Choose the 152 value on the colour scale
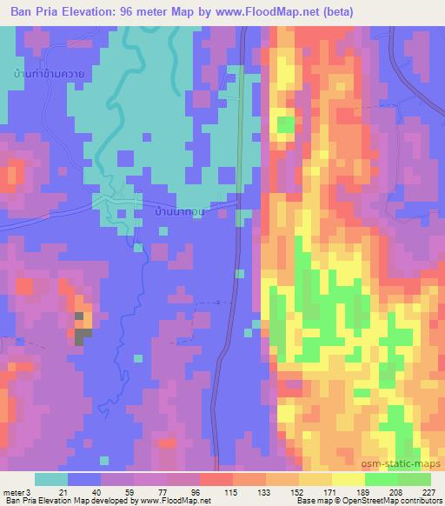[297, 491]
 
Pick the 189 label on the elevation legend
[363, 491]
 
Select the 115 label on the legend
[231, 491]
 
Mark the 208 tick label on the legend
[396, 491]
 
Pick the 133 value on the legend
[264, 491]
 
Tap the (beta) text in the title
[333, 11]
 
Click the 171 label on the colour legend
[330, 491]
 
